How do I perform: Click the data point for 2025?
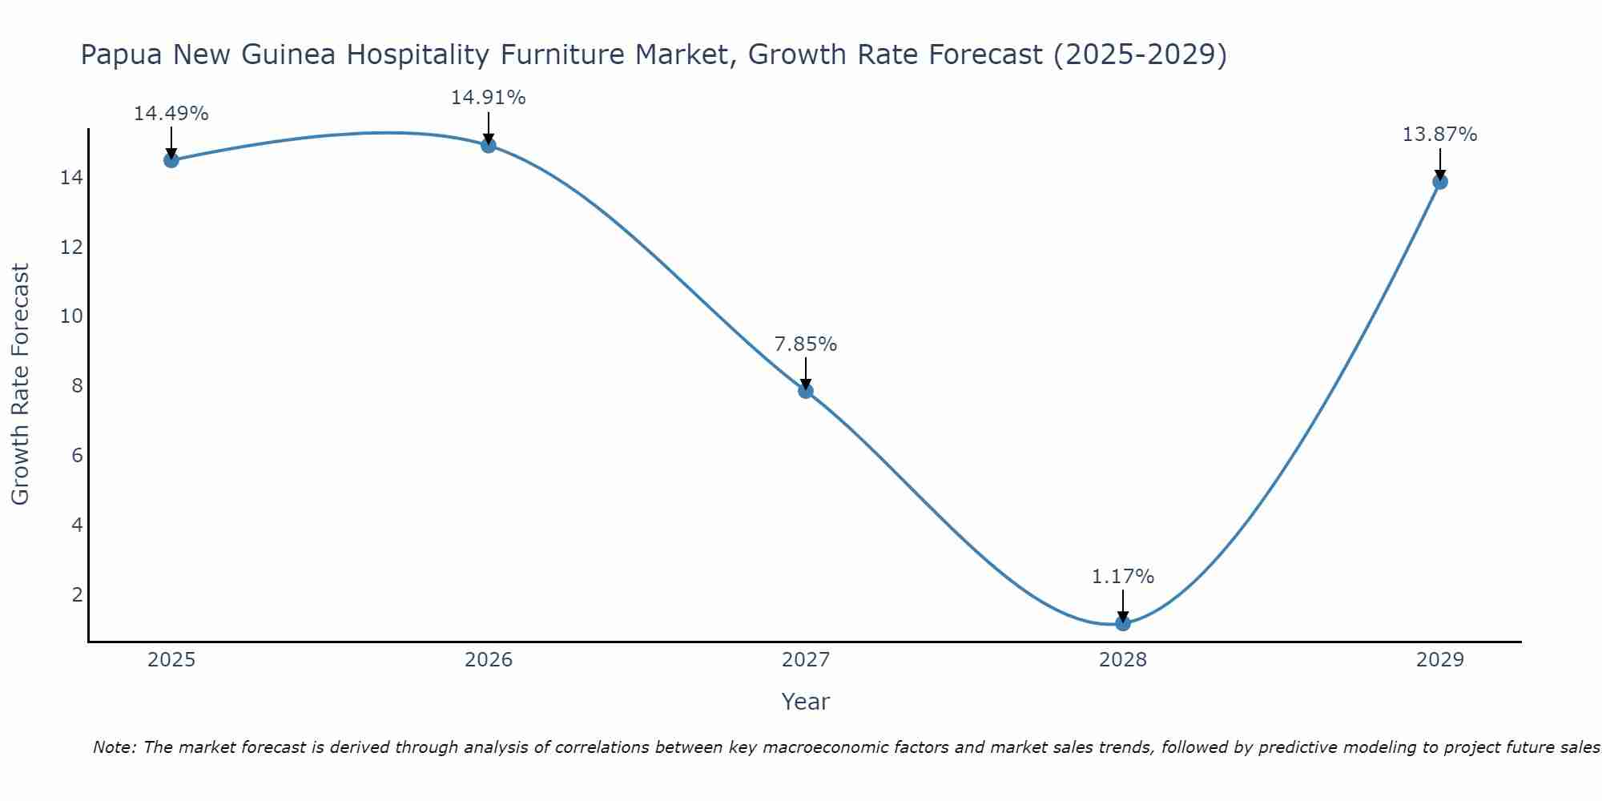click(171, 160)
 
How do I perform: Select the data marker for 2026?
click(489, 145)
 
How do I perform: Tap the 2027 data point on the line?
click(806, 391)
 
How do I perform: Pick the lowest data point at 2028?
click(1123, 623)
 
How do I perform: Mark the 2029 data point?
click(1440, 182)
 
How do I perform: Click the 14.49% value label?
click(171, 114)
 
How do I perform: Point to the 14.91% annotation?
click(489, 98)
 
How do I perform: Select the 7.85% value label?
click(806, 344)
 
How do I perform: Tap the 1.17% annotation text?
click(1123, 577)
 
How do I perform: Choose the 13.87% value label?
click(1440, 135)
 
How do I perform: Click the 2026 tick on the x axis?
click(489, 660)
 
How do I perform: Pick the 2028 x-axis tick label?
click(1123, 660)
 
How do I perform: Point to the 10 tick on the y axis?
click(71, 316)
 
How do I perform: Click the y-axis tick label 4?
click(77, 525)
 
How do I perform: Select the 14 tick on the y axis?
click(71, 177)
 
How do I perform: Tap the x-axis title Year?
click(806, 702)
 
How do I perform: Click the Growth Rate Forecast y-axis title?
click(21, 384)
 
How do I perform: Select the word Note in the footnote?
click(113, 748)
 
